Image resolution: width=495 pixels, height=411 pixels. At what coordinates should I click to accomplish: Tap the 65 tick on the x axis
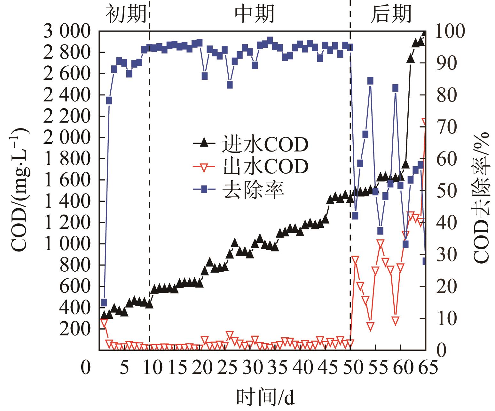coord(426,368)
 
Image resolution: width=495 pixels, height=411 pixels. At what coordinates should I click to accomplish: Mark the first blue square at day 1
coord(104,302)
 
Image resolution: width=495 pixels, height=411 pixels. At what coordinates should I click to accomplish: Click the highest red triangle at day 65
coord(425,122)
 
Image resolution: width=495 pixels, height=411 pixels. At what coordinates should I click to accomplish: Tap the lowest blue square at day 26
coord(230,85)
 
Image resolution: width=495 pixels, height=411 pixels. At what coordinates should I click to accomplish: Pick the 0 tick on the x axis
coord(85,368)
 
